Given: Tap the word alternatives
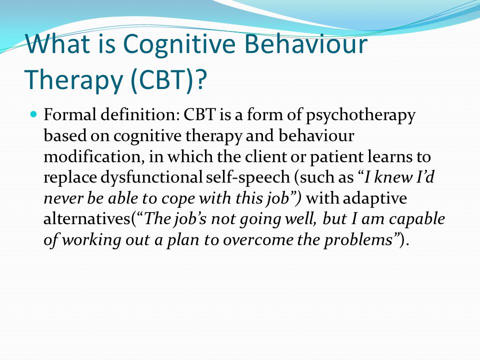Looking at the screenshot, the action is [87, 219].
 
